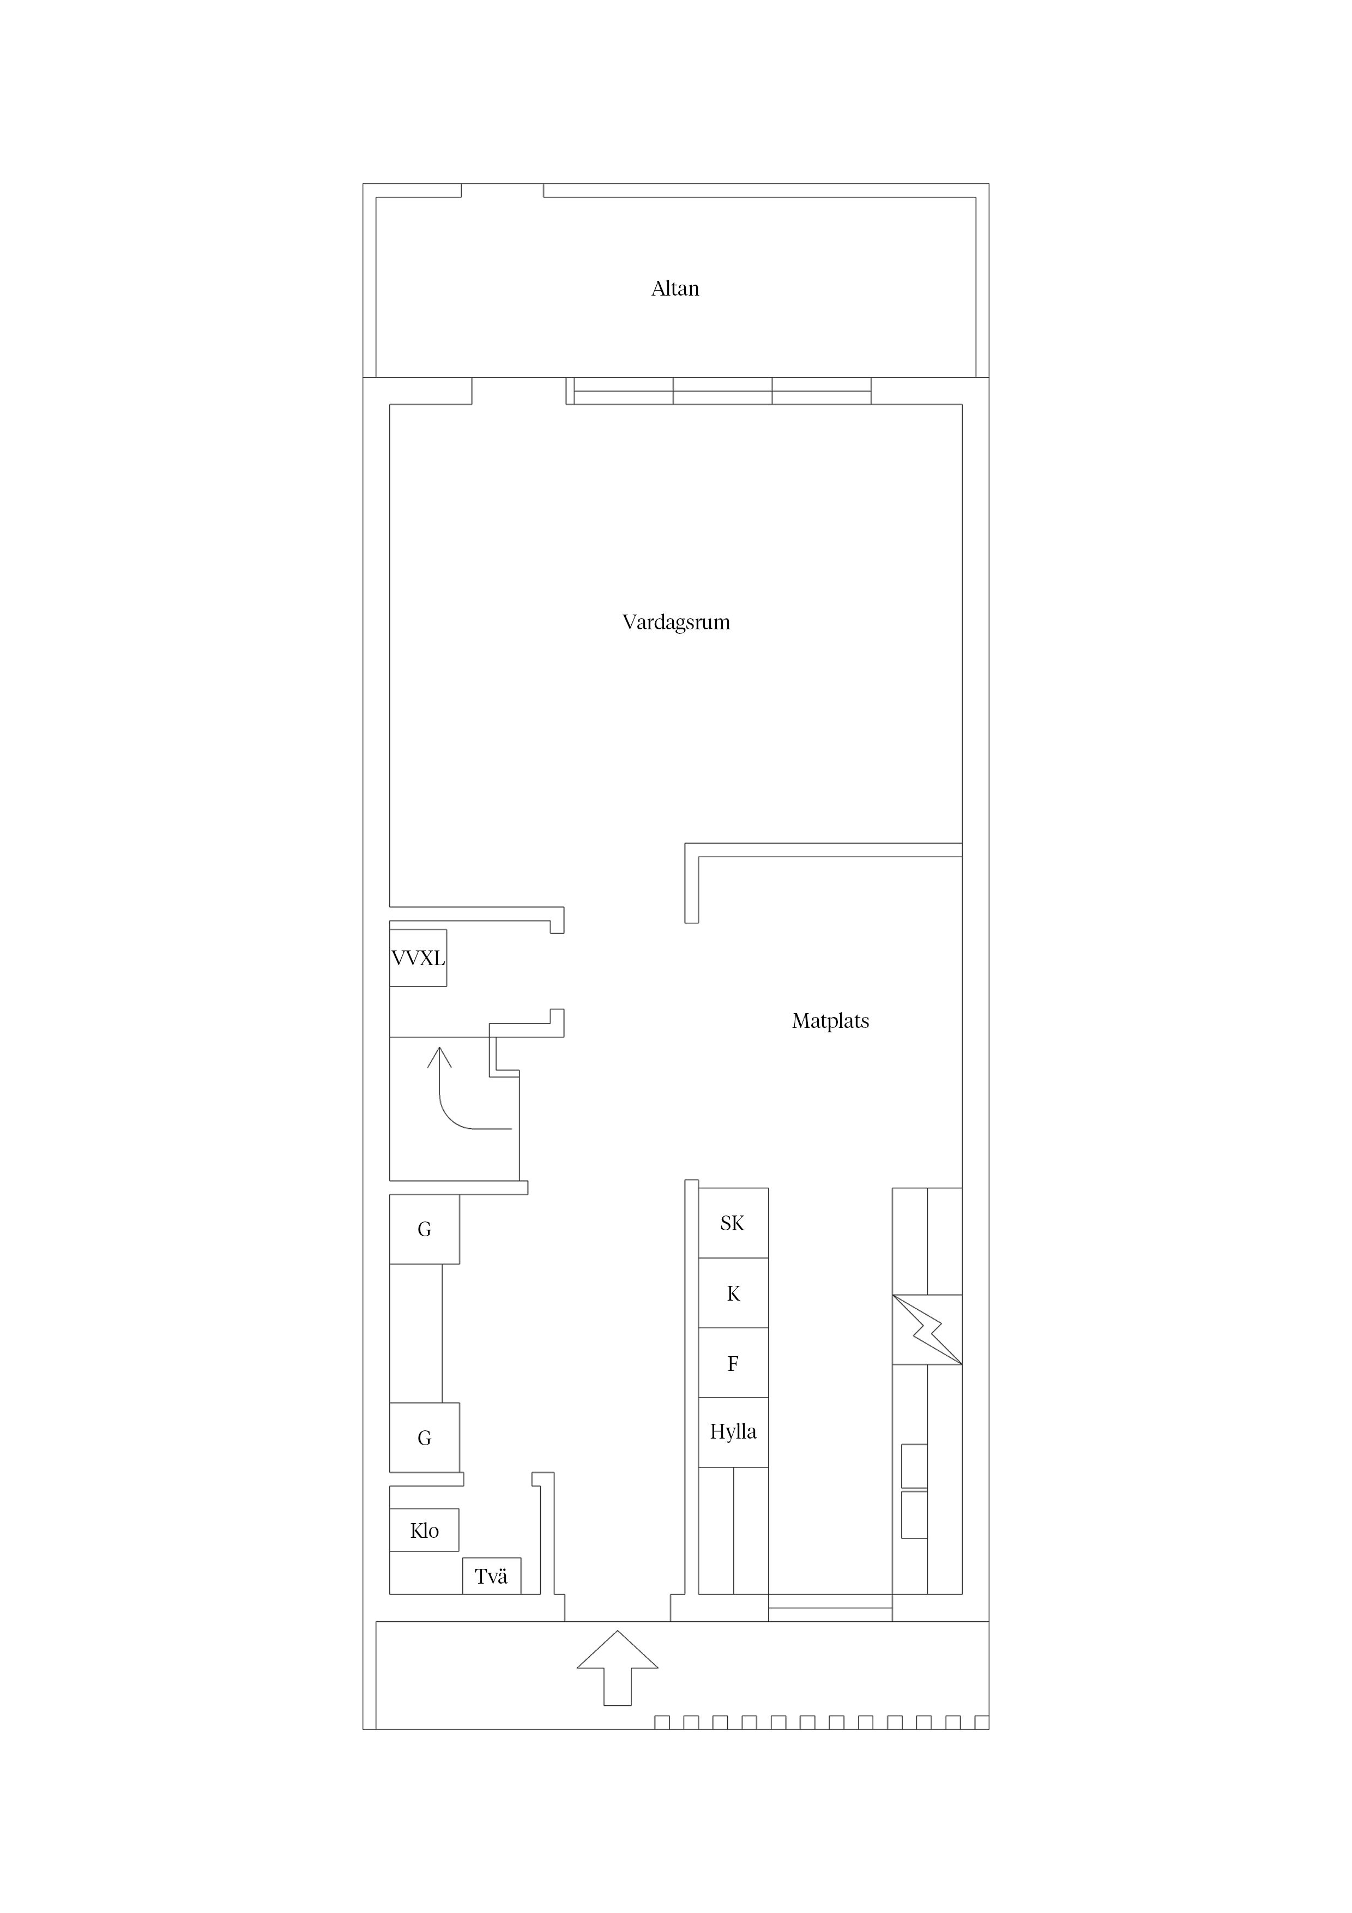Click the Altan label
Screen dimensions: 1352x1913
tap(675, 288)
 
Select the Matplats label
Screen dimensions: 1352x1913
tap(830, 1021)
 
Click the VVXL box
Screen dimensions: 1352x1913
tap(418, 958)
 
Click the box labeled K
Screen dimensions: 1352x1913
tap(733, 1292)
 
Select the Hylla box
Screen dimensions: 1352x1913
tap(733, 1432)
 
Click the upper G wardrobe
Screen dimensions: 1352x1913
tap(425, 1229)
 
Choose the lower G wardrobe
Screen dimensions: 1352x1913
tap(425, 1437)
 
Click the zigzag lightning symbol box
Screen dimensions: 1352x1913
tap(927, 1330)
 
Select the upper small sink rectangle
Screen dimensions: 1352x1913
tap(914, 1466)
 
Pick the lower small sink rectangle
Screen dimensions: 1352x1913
tap(914, 1515)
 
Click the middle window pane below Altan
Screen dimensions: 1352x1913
tap(722, 391)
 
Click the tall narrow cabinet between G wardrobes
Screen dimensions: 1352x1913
tap(415, 1333)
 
